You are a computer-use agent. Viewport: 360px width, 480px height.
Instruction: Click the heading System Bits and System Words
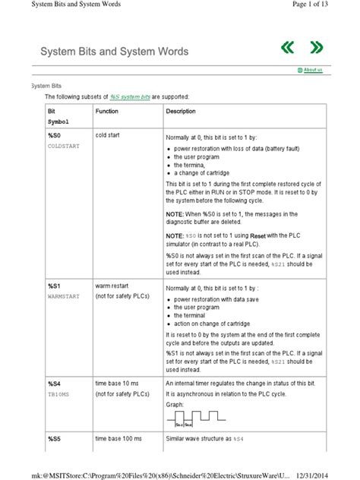114,52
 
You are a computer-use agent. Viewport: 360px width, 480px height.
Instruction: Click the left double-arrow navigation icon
287,49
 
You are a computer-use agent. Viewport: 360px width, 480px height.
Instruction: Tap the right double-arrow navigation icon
316,49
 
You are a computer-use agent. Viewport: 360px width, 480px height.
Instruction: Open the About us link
312,70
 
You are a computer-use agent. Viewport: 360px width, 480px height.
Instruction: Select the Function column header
107,111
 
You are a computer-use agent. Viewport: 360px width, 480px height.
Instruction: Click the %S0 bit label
55,134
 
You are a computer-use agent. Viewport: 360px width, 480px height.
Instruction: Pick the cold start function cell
111,134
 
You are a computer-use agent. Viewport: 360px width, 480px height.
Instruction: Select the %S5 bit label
55,439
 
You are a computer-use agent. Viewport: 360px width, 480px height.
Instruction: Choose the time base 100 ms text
118,439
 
